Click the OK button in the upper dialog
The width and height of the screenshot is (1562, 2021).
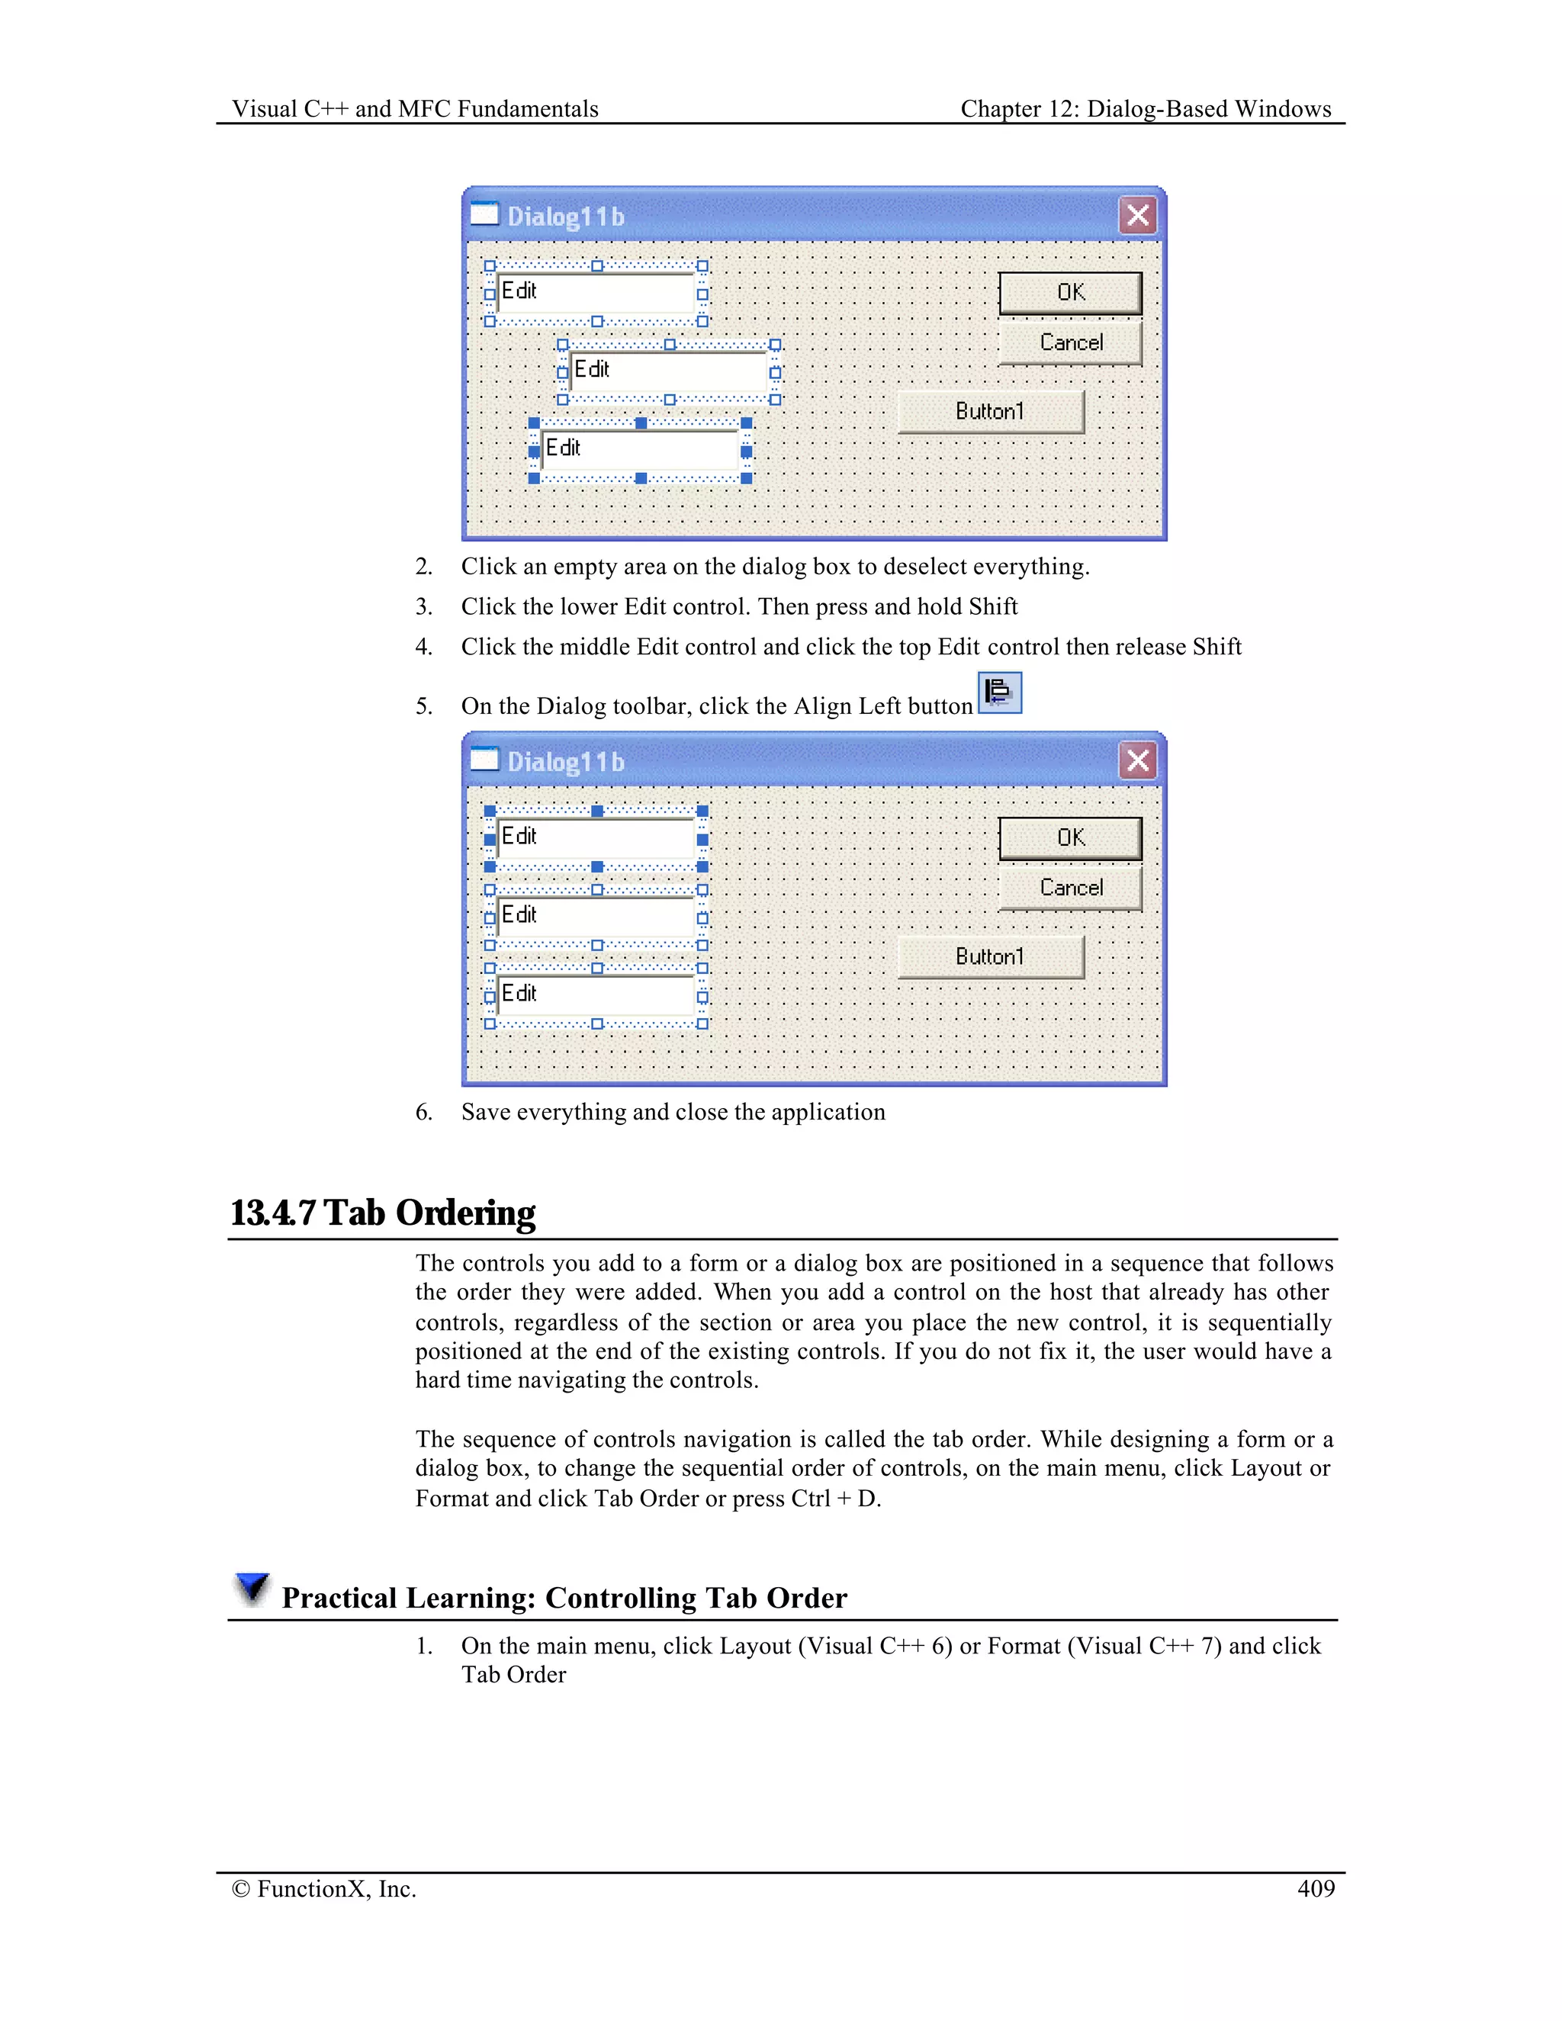(1070, 292)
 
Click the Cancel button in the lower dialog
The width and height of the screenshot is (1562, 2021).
(1070, 888)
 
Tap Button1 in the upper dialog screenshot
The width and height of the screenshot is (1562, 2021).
(990, 412)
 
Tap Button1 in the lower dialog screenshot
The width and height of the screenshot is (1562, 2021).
(990, 957)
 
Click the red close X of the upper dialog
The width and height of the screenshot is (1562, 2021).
(1137, 216)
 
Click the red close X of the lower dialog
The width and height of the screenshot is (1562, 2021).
(1137, 760)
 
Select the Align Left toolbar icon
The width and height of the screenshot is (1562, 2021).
(999, 692)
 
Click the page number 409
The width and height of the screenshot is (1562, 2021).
(1315, 1888)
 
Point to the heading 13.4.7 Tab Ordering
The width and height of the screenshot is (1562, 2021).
(383, 1213)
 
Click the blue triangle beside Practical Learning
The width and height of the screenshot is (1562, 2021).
(251, 1588)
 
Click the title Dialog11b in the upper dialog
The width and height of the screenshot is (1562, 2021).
(565, 217)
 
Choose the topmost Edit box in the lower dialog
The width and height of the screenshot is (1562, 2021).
(596, 838)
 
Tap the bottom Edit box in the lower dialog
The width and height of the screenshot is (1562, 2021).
(596, 996)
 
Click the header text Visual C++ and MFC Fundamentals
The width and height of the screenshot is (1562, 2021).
(415, 109)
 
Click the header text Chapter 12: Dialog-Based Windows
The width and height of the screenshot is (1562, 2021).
(1146, 109)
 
